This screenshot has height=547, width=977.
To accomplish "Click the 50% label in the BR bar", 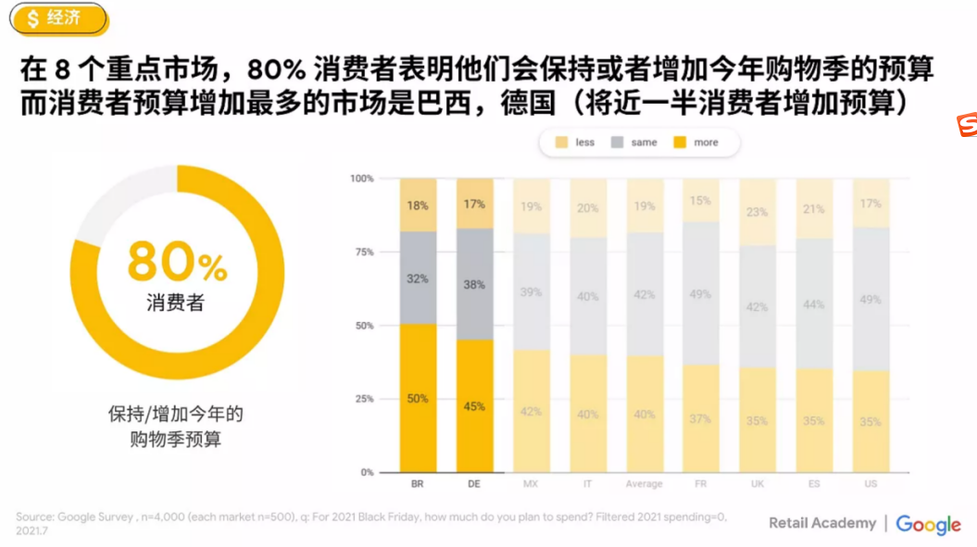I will [418, 399].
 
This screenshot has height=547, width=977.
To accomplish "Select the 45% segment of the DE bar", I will [474, 406].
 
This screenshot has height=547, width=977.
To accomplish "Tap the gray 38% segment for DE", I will [474, 285].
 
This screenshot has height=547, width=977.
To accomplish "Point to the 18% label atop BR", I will [418, 205].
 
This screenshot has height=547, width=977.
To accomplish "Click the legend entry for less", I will [574, 143].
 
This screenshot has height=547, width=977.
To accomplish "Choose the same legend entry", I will [633, 143].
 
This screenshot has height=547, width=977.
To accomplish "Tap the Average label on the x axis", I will [644, 484].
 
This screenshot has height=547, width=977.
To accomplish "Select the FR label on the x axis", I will [700, 484].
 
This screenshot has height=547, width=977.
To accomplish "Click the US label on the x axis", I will [871, 484].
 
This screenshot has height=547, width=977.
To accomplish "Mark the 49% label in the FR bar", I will [700, 294].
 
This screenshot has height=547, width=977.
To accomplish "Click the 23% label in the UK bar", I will [757, 212].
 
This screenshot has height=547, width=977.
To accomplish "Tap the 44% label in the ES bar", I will [814, 305].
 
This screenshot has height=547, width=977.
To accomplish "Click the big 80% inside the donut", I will [177, 262].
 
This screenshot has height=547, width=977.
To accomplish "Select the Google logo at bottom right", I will [928, 525].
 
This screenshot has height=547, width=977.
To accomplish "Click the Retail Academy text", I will [821, 524].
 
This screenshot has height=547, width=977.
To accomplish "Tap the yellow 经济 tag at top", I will [54, 18].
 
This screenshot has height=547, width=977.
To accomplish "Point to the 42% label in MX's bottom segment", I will [531, 412].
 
